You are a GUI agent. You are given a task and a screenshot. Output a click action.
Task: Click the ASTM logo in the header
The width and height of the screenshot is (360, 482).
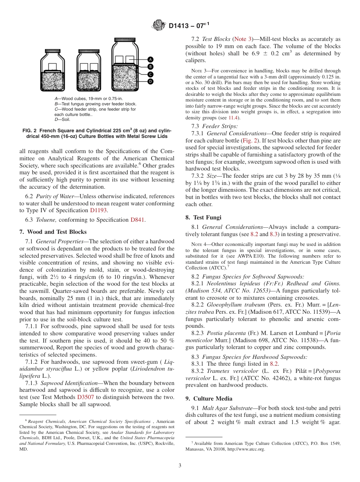tap(158, 26)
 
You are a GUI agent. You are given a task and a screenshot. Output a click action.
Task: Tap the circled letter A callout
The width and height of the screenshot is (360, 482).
tap(150, 60)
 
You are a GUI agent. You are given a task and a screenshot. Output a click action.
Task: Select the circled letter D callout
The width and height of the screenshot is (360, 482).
tap(150, 81)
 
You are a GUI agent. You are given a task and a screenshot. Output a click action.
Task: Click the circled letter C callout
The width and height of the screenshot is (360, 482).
tap(150, 74)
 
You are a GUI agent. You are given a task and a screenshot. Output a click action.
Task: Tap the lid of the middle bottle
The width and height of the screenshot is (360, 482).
tap(89, 51)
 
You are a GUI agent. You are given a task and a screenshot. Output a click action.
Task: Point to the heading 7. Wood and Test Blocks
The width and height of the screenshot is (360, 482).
tap(53, 232)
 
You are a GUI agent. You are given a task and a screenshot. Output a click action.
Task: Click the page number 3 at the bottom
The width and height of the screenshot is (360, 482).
tap(180, 466)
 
